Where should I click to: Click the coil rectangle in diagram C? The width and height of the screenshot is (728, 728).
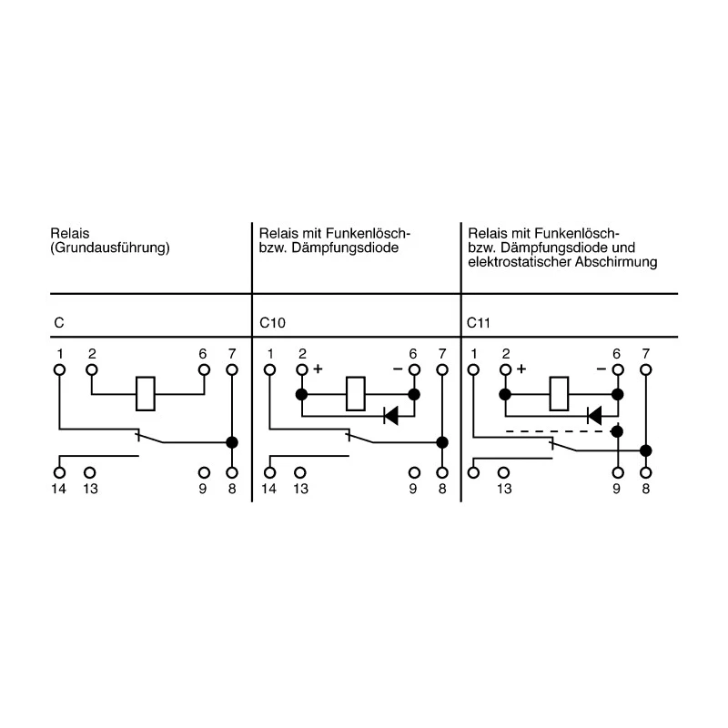point(146,394)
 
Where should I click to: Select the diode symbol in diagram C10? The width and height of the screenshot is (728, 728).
point(391,416)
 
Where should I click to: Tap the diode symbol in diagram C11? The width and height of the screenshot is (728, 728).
point(594,416)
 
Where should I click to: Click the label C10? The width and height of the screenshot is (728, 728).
point(272,323)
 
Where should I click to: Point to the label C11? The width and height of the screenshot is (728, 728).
point(479,323)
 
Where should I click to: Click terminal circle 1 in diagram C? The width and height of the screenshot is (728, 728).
point(59,370)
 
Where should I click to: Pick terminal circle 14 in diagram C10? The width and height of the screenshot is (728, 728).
point(269,472)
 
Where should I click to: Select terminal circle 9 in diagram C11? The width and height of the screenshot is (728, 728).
point(618,472)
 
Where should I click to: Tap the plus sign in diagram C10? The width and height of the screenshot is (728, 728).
point(318,369)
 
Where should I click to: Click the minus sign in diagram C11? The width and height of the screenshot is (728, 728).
point(602,369)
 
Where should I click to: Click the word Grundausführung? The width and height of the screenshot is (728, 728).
point(110,248)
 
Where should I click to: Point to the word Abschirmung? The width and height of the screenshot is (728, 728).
point(616,262)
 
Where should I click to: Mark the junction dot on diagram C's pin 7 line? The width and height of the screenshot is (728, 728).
point(232,442)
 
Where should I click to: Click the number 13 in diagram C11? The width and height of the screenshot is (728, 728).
point(504,489)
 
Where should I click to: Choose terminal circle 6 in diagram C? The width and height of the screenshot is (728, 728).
point(204,370)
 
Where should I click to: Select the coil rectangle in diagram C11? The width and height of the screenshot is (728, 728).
point(559,394)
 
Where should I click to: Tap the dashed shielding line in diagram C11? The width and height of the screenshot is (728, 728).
point(559,431)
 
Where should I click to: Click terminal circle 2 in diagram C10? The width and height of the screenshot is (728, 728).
point(302,370)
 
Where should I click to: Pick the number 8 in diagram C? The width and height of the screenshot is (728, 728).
point(232,489)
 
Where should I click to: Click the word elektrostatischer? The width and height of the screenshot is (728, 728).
point(520,262)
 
